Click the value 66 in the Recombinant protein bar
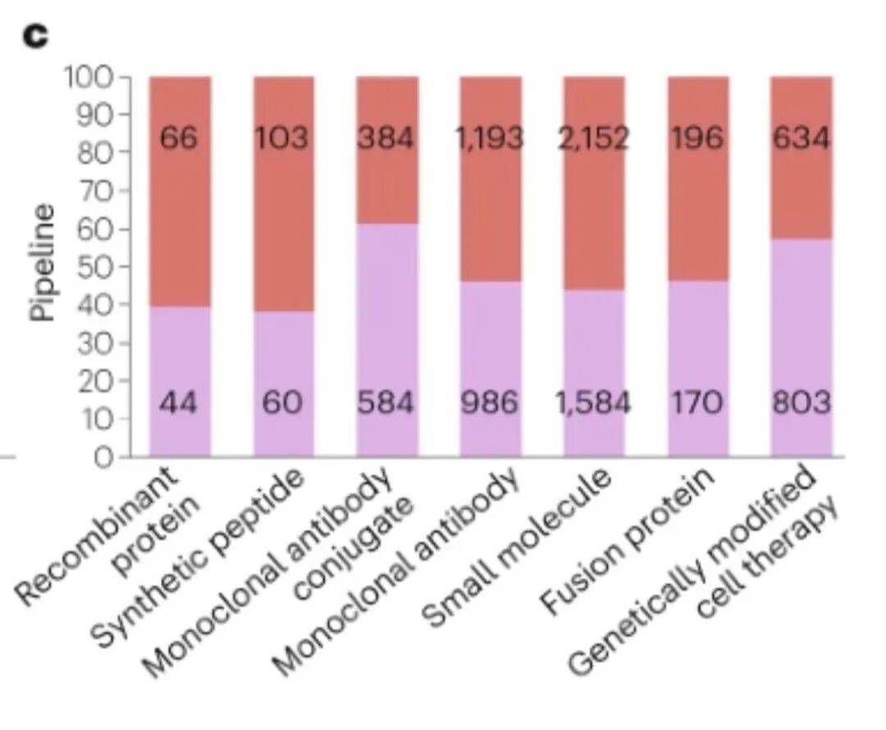tap(179, 138)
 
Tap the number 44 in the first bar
tap(179, 403)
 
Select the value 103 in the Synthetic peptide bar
tap(282, 138)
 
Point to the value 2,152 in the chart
tap(593, 138)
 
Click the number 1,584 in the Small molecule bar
tap(594, 403)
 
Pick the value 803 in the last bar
tap(802, 403)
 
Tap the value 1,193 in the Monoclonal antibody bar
tap(490, 138)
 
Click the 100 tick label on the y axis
tap(90, 77)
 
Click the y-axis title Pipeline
tap(43, 262)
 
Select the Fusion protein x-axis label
tap(628, 541)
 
